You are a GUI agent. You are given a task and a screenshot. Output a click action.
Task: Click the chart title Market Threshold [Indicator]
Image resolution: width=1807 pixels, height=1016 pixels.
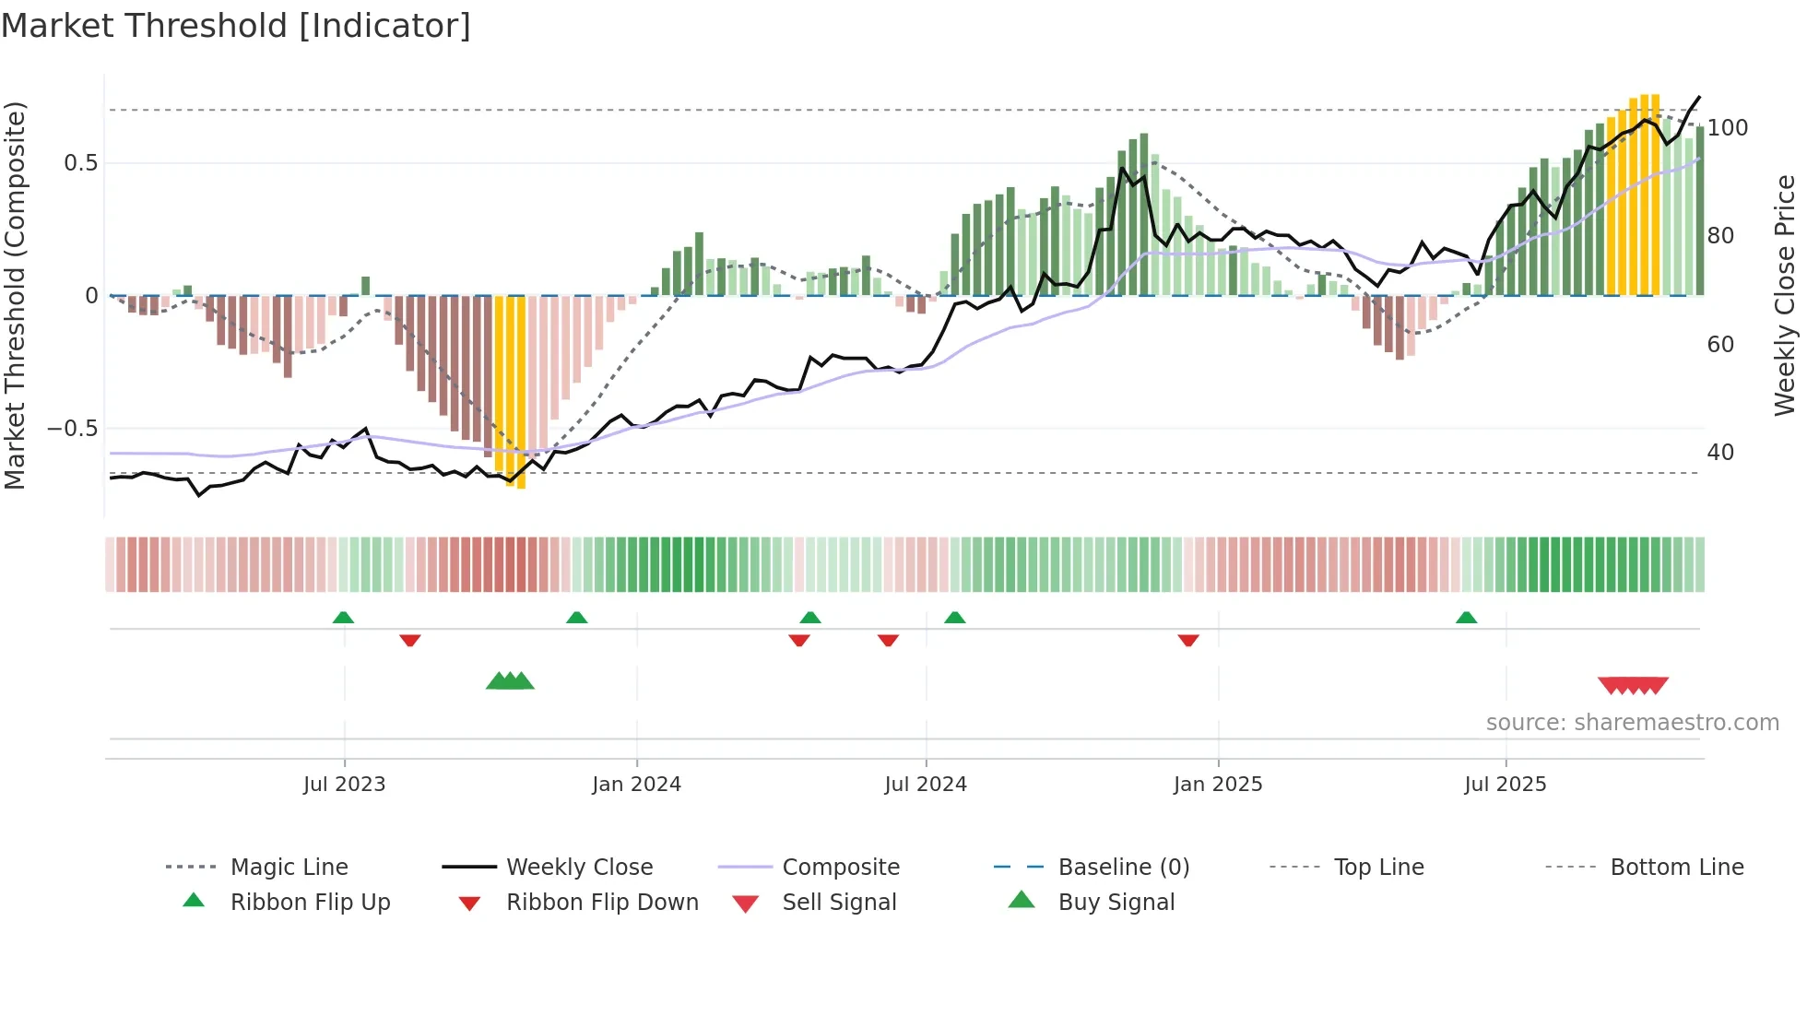[236, 26]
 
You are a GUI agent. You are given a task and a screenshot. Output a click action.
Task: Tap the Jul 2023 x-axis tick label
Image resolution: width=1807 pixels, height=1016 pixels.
[344, 785]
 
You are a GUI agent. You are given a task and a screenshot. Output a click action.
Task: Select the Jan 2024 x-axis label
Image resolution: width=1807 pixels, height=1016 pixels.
[636, 785]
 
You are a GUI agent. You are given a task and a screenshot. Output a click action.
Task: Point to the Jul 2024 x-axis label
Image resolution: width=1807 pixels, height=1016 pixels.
[926, 785]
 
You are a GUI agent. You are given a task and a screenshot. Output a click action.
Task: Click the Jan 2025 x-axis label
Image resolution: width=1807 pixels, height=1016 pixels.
[1218, 785]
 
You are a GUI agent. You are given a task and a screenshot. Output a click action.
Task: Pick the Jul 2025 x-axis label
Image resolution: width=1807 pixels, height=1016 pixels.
[1506, 785]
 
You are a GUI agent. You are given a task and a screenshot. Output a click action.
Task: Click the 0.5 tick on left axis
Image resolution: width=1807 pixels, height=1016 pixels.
[80, 163]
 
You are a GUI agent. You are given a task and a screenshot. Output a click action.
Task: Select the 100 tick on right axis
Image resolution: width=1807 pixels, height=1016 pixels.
[1727, 128]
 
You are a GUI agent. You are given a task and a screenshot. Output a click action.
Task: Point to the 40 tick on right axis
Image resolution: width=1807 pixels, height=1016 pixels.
[1720, 453]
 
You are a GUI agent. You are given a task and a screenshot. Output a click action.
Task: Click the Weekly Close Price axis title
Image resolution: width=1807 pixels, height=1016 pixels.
[1785, 295]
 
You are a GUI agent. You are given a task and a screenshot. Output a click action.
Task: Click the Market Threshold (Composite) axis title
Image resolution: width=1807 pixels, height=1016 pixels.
[15, 295]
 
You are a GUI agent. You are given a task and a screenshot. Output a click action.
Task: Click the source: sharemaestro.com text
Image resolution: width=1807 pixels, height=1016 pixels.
[1632, 723]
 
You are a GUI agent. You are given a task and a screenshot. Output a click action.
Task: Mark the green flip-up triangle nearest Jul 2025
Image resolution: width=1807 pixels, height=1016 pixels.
[1466, 618]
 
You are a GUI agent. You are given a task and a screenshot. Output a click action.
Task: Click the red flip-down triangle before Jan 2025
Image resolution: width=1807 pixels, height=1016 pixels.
[1188, 640]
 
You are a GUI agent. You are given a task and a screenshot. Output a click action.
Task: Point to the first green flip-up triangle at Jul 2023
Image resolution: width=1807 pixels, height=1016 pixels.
[343, 618]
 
